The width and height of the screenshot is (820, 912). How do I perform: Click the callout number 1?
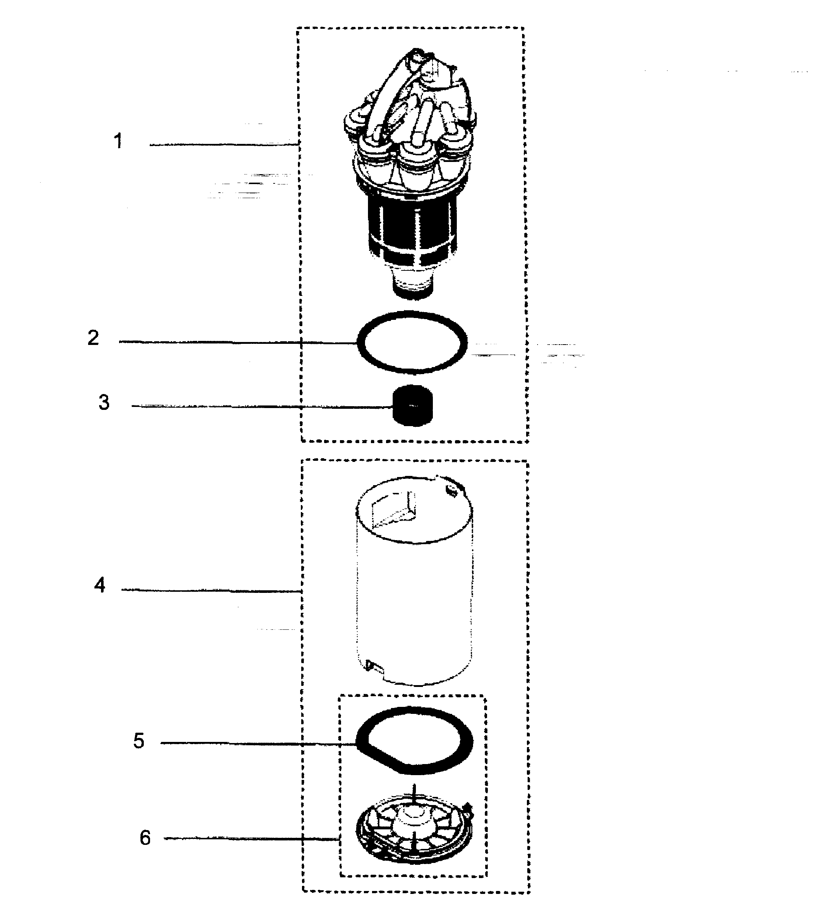click(x=118, y=141)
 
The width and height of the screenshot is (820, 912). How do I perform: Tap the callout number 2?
click(x=93, y=338)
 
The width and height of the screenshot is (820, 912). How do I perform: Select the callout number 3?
click(x=104, y=402)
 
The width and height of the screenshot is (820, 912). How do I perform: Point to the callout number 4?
click(x=100, y=585)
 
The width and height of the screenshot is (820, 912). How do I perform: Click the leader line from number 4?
click(x=211, y=590)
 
